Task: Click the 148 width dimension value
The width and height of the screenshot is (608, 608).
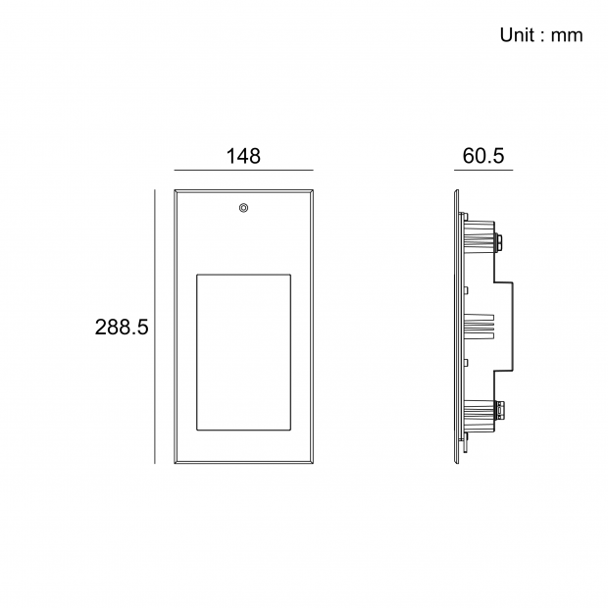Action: coord(243,156)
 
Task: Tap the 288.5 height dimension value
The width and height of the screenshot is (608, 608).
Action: coord(122,328)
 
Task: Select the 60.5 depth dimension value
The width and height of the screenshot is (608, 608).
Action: coord(483,156)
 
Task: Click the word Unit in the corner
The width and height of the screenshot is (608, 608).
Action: coord(516,35)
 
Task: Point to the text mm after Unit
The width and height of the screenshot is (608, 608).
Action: coord(567,35)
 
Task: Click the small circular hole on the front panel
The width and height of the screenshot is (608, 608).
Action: coord(243,208)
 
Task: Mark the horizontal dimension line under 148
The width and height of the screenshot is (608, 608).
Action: coord(243,170)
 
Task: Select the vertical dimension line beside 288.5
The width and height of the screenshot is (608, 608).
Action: coord(156,328)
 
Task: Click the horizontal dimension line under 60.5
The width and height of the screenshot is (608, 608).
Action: coord(483,170)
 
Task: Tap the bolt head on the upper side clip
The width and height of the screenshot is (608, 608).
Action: coord(501,238)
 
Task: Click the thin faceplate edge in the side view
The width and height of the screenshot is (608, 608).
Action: coord(457,328)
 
